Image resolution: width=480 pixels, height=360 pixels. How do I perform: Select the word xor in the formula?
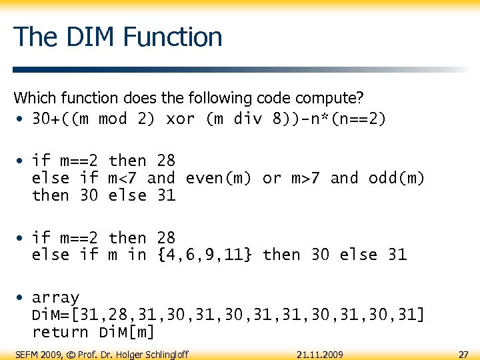click(180, 119)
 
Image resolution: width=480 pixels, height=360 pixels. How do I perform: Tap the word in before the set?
click(137, 255)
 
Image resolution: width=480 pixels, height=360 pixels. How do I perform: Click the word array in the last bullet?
click(55, 297)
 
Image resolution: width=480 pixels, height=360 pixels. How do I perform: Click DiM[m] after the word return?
click(127, 332)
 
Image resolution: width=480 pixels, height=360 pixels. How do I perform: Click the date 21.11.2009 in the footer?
click(320, 353)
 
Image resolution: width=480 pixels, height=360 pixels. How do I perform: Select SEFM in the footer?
click(26, 353)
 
